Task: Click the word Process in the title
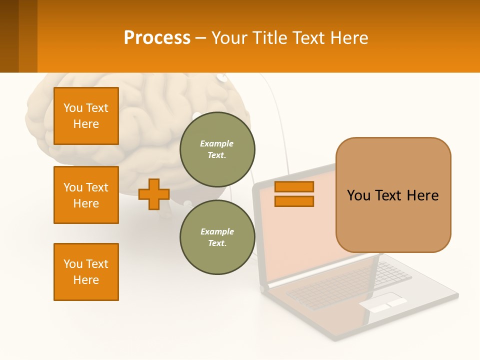pos(157,38)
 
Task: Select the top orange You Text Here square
pos(86,116)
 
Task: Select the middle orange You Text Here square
pos(86,195)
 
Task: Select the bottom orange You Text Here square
pos(86,272)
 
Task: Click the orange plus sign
pos(154,194)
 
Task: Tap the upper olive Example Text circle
pos(217,149)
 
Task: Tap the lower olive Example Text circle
pos(217,237)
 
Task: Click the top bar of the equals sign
pos(294,186)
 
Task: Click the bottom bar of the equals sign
pos(294,201)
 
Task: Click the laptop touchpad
pos(382,302)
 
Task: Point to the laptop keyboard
pos(350,285)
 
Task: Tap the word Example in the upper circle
pos(216,143)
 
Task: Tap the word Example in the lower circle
pos(217,231)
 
